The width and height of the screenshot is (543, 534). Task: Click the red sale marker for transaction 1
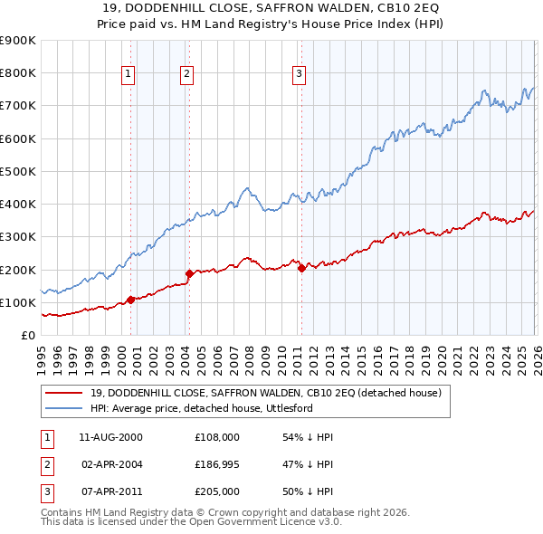(130, 300)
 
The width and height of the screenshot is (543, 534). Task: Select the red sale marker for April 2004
(189, 273)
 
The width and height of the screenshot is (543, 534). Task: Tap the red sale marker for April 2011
(301, 268)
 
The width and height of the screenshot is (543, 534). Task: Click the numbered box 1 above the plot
(129, 74)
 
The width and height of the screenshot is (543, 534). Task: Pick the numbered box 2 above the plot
(187, 74)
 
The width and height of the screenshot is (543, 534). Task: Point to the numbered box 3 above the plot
(300, 74)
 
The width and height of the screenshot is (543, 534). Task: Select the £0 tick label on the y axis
(28, 335)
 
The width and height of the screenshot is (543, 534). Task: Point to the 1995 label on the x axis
(42, 357)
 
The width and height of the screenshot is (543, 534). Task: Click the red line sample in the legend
(64, 394)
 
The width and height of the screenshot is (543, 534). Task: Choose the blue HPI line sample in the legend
(64, 409)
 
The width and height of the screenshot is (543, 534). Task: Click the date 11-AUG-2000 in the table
(111, 437)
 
